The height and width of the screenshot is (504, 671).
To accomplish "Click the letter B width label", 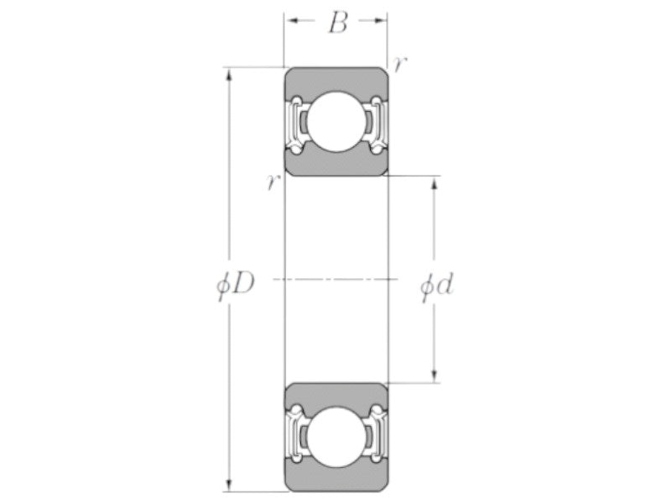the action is point(338,23).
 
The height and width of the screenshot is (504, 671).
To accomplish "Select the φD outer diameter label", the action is point(236,284).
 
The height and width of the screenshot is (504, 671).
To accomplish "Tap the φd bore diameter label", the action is point(436,285).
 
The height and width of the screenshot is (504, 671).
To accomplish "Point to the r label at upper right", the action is point(399,65).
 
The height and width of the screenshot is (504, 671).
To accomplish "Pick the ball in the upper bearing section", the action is point(336,122).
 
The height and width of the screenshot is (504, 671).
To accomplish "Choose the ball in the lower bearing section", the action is point(336,437).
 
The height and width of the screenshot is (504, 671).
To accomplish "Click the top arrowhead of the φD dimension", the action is point(229,74).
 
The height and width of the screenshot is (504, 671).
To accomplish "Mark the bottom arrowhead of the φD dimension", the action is point(229,485).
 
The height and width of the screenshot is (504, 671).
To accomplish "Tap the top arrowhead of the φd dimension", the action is point(434,182).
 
